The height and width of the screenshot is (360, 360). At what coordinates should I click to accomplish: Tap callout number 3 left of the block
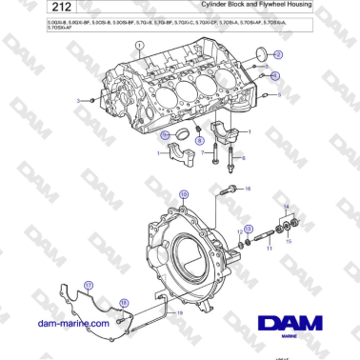point(78,99)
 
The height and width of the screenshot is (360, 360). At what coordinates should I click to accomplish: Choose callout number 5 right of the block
point(278,95)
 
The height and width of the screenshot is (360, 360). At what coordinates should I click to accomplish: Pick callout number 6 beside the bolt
point(242,157)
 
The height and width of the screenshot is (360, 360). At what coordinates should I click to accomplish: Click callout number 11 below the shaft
point(270,250)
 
